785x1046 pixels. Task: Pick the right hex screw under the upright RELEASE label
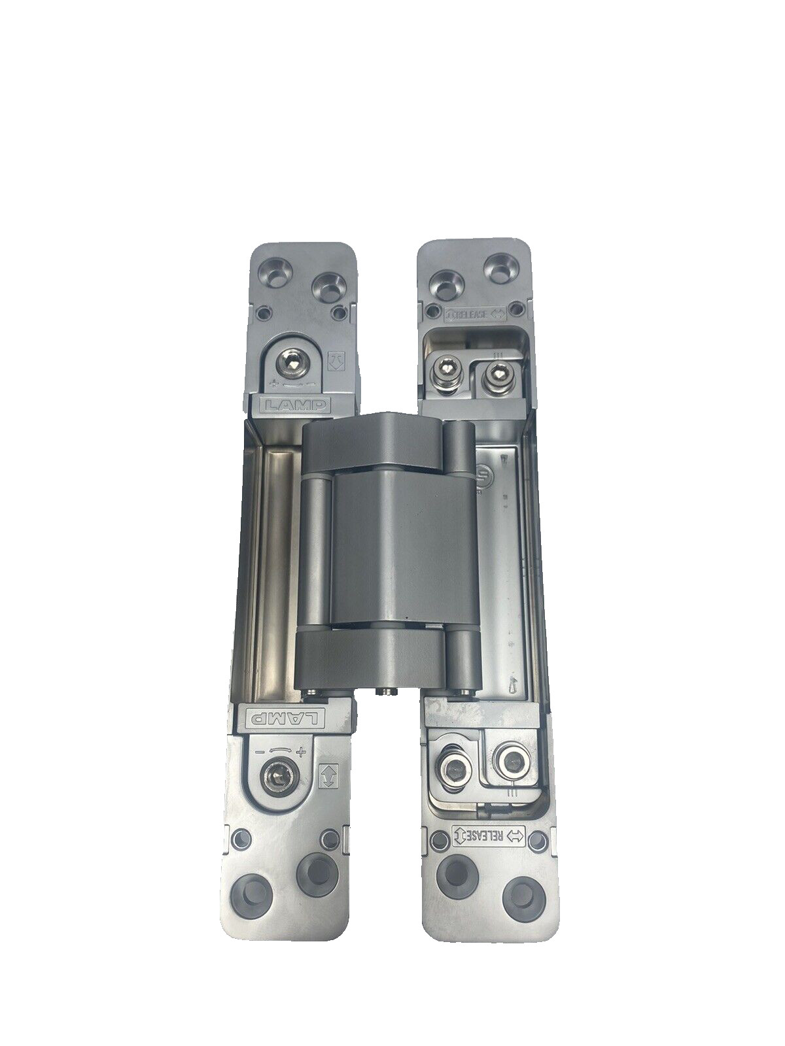494,370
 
